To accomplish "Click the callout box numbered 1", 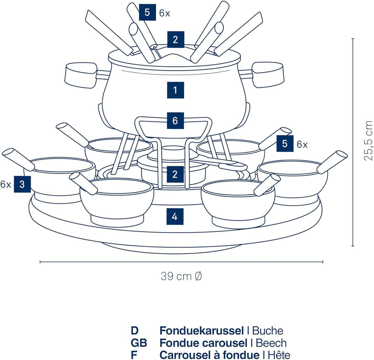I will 175,90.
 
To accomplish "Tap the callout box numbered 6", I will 175,121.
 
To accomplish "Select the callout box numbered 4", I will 175,217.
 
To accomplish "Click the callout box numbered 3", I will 22,184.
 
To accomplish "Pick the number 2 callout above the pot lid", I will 176,39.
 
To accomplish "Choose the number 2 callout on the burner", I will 175,174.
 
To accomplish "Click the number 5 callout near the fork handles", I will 148,13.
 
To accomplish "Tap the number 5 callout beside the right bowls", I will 285,144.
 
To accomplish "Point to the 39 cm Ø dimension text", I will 181,276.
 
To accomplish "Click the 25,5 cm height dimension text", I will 368,140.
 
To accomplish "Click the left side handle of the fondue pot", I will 81,75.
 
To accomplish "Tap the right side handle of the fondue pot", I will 268,74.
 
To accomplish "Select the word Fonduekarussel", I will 202,331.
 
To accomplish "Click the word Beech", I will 271,343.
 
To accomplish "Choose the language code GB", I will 139,343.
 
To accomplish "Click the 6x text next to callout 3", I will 5,184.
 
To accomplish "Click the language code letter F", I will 134,355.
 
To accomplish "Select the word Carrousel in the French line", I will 180,355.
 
